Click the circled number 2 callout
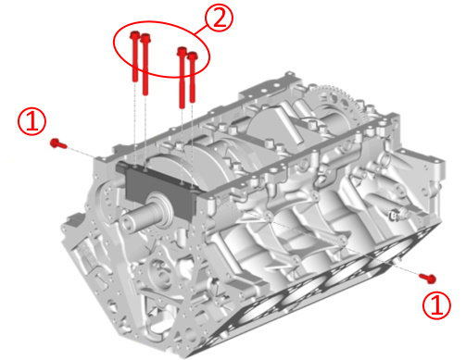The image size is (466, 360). pos(220,17)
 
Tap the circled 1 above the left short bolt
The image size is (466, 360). pos(32,121)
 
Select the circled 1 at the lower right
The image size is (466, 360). pos(436,305)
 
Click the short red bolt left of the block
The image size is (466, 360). pos(58,143)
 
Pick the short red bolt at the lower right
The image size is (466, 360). pos(427,278)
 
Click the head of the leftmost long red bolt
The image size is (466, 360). pos(134,35)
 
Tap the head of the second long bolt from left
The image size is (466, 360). pos(145,38)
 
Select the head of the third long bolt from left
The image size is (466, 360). pos(183,51)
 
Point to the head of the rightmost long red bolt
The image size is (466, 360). pos(193,56)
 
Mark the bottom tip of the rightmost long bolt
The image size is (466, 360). pos(193,102)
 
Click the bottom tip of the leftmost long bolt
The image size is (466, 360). pos(135,81)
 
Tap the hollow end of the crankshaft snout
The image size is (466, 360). pos(130,222)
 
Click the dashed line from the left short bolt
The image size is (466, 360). pos(82,152)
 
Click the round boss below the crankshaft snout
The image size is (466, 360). pos(161,277)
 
